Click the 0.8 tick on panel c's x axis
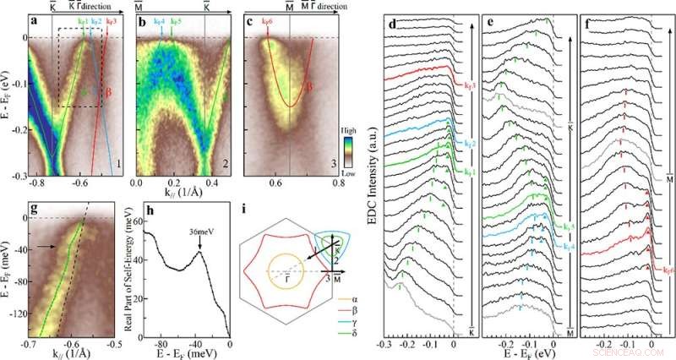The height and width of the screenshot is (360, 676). click(x=337, y=183)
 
